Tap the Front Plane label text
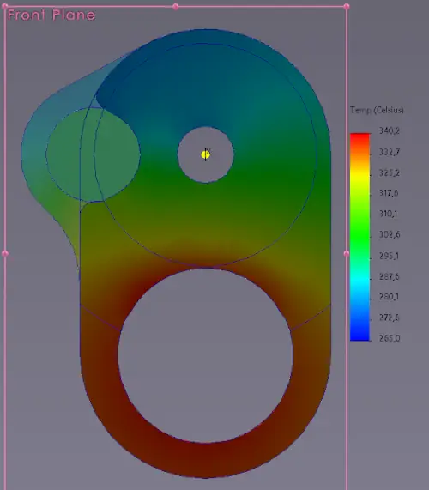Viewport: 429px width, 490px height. (x=51, y=15)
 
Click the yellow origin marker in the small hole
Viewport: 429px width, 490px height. (x=205, y=154)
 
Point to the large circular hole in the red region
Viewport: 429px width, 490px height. (x=205, y=354)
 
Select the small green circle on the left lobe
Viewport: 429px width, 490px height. (x=93, y=153)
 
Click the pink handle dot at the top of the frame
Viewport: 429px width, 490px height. (x=176, y=6)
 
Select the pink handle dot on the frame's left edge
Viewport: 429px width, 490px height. (x=5, y=253)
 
